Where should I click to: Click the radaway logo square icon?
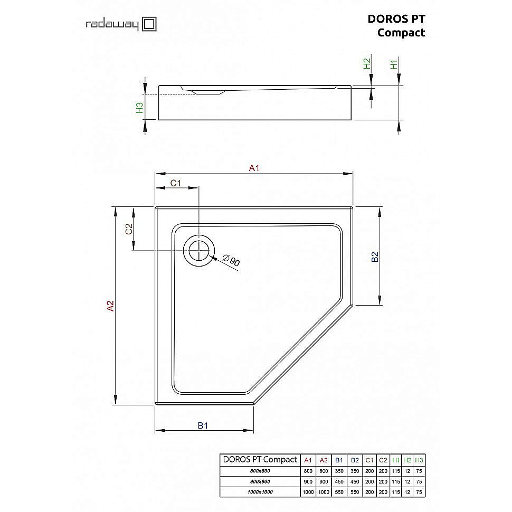point(149,24)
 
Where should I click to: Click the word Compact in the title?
point(401,33)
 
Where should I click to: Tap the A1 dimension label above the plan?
point(254,168)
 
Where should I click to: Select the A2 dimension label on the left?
point(110,306)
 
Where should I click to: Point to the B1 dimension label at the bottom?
point(203,425)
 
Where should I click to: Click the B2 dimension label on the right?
point(375,257)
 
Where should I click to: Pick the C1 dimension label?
point(176,183)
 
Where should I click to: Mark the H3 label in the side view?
point(139,108)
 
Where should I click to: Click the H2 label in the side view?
point(367,64)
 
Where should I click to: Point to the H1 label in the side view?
point(393,64)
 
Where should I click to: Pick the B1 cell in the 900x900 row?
point(339,481)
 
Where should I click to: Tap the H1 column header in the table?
point(396,460)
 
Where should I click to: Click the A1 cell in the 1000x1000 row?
point(308,492)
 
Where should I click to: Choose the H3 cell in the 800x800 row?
point(419,471)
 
